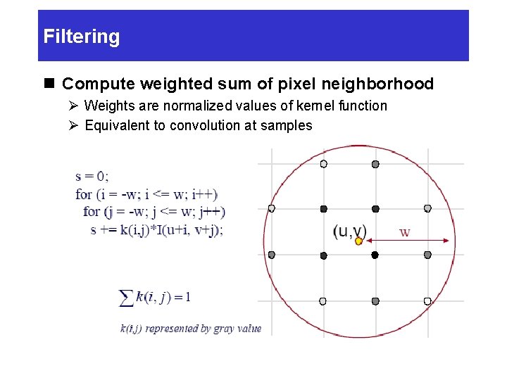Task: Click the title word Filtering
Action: point(82,37)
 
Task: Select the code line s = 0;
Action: point(92,176)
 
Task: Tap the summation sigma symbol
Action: point(127,298)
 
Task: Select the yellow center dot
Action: point(358,241)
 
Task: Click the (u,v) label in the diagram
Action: point(350,231)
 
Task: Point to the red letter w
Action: point(405,232)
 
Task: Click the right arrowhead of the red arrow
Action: point(446,241)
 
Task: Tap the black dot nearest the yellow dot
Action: point(375,255)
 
